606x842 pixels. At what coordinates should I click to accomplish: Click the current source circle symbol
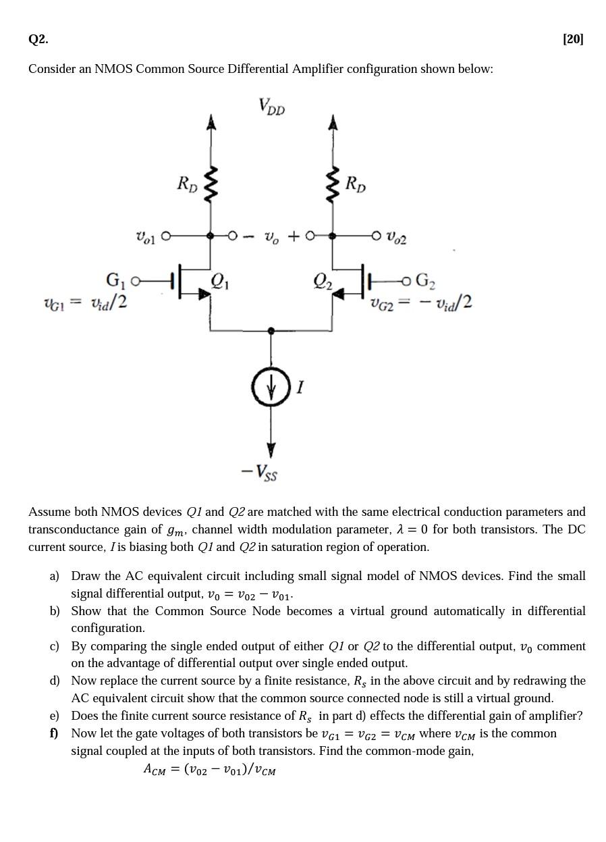click(271, 387)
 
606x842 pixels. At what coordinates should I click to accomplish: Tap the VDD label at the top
click(271, 106)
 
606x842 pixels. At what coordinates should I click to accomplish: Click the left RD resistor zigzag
click(211, 183)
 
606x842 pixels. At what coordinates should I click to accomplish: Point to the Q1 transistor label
click(220, 281)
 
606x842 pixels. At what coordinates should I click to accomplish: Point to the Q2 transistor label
click(323, 281)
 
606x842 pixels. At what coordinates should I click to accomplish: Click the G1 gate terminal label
click(115, 280)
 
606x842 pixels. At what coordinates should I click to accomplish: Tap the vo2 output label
click(396, 237)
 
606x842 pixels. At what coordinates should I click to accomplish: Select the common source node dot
click(271, 331)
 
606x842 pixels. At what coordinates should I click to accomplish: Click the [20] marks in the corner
click(573, 39)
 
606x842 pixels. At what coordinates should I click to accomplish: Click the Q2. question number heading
click(38, 39)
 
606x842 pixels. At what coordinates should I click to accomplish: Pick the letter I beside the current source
click(300, 387)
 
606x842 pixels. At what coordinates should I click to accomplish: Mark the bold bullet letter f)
click(54, 733)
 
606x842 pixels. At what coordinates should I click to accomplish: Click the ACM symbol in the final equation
click(154, 769)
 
